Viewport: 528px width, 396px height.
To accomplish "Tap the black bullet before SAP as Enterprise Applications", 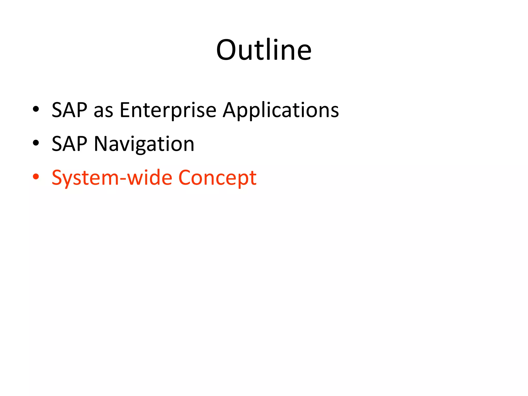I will (x=36, y=109).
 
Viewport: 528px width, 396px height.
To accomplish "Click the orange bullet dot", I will (x=36, y=177).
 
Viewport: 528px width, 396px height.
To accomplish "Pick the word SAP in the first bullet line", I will (x=69, y=110).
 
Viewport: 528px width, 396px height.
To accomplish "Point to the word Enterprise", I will (x=168, y=111).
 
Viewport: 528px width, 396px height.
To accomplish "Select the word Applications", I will (x=281, y=111).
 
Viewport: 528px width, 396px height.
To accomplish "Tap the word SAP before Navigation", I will (x=69, y=144).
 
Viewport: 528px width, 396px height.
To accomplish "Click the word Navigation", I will (x=144, y=144).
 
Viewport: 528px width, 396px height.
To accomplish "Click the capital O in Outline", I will (x=227, y=50).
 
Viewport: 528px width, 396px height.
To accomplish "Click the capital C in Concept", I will (x=186, y=178).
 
